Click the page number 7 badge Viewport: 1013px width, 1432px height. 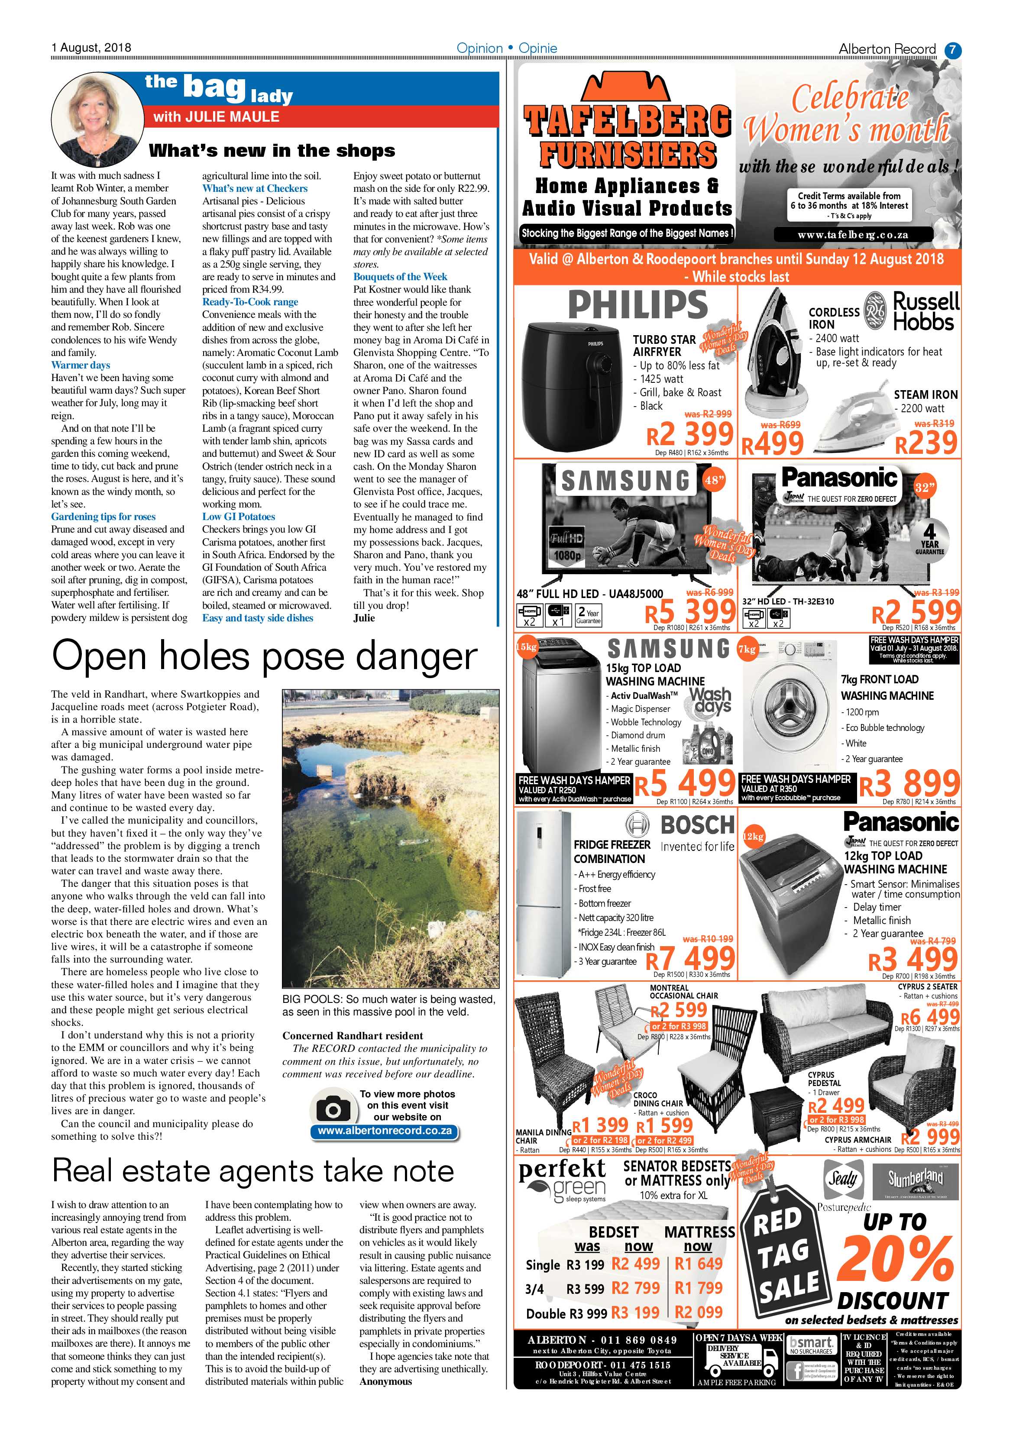coord(952,50)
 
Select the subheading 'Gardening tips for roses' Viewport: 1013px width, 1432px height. coord(104,517)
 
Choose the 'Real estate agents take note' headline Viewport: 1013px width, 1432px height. coord(253,1171)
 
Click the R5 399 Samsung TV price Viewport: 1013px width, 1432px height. coord(690,611)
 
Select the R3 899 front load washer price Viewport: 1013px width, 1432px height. coord(909,784)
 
